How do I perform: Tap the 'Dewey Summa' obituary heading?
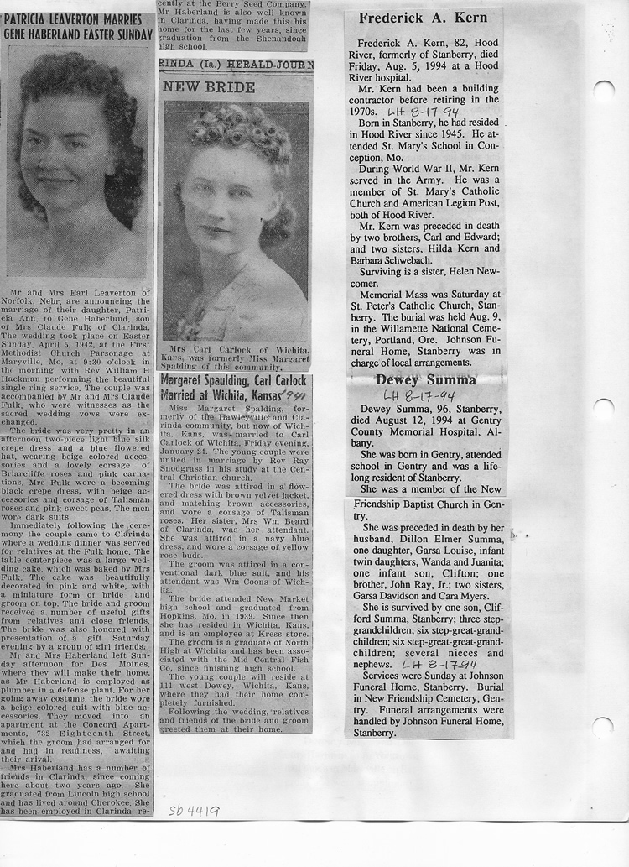(x=425, y=379)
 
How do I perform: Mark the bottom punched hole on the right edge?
(x=602, y=727)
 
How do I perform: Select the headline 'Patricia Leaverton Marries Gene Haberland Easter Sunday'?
(x=78, y=26)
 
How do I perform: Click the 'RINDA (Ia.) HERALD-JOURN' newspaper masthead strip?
(x=236, y=64)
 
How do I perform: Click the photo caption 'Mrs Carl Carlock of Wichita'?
(x=235, y=349)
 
